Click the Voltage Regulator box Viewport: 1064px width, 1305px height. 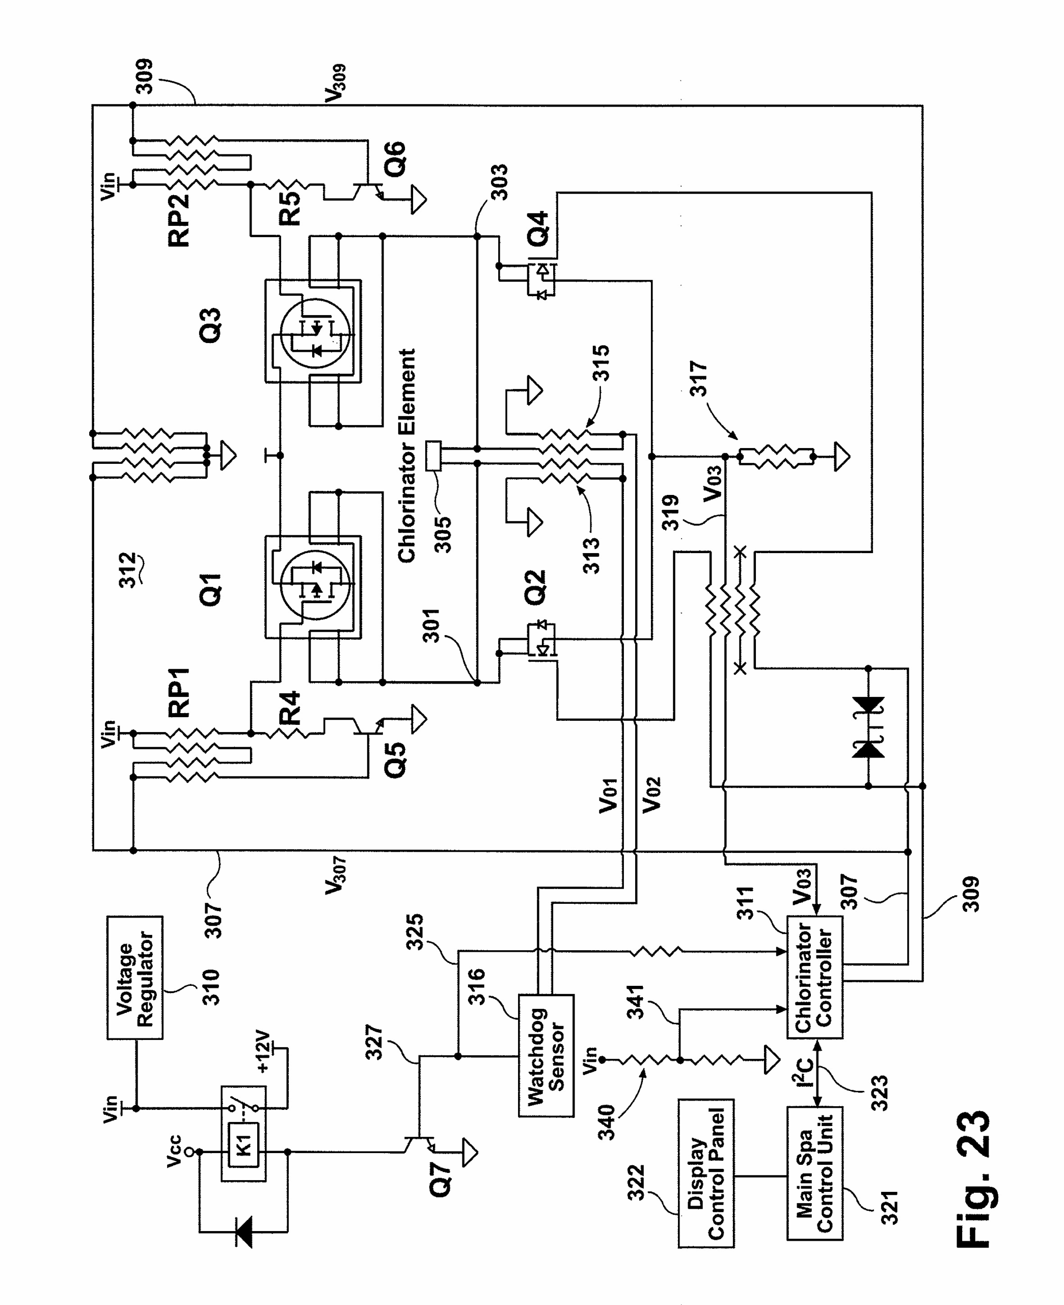tap(135, 978)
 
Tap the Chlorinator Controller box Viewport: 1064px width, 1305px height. tap(814, 979)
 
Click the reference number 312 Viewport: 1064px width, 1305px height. tap(127, 570)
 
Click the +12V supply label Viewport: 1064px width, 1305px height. tap(263, 1051)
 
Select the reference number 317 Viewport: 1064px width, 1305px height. tap(698, 379)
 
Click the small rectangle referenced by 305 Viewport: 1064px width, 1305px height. tap(433, 456)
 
